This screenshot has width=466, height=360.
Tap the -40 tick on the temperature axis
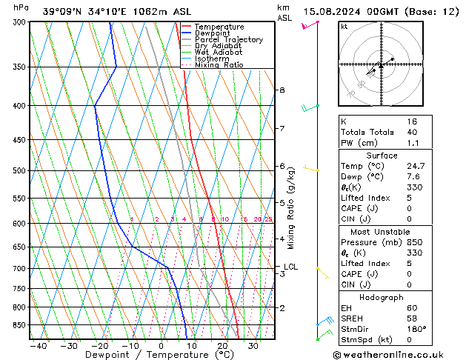point(38,345)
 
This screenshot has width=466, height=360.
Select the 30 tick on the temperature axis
point(253,345)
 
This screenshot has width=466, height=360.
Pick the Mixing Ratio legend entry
point(219,64)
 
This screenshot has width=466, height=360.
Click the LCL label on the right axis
point(290,267)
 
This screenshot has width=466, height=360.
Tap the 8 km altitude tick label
point(282,90)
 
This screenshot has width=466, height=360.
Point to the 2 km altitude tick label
point(282,307)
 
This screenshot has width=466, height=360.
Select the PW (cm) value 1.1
point(412,143)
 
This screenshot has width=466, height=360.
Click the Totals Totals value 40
point(412,132)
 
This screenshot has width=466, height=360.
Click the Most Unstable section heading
point(381,231)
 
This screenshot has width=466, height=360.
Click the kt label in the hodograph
point(344,26)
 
